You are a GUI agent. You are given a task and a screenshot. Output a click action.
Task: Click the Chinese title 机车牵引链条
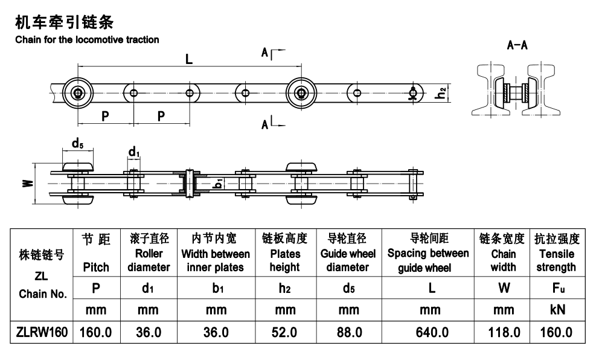click(64, 24)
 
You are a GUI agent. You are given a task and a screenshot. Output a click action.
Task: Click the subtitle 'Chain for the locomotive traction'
click(87, 40)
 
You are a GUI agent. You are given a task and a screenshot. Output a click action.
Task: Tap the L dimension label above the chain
click(189, 59)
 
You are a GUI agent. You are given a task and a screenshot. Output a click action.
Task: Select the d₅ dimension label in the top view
click(77, 144)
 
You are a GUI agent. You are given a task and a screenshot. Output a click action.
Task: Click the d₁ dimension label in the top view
click(133, 151)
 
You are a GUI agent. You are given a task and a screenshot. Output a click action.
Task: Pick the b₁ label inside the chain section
click(219, 182)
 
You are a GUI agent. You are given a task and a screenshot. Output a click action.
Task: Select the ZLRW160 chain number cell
click(42, 332)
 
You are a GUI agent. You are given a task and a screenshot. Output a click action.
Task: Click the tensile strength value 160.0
click(556, 332)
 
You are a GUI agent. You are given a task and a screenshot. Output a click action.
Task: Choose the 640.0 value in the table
click(431, 332)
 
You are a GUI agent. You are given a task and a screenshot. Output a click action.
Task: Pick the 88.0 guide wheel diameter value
click(348, 332)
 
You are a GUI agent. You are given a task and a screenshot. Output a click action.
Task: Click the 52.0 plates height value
click(284, 332)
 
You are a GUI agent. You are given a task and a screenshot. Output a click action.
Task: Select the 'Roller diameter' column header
click(148, 253)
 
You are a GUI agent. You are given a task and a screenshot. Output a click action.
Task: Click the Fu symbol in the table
click(556, 288)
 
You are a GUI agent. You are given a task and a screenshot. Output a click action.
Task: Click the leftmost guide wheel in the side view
click(78, 92)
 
